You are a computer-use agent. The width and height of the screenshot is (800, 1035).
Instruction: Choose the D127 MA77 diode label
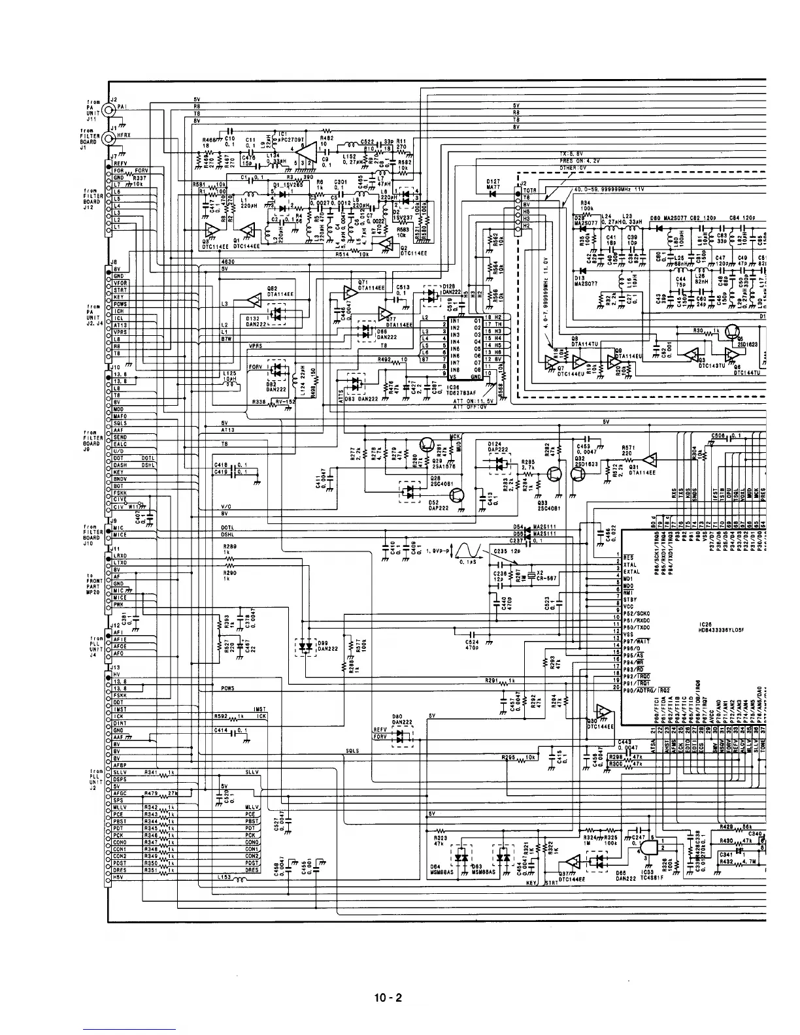coord(494,185)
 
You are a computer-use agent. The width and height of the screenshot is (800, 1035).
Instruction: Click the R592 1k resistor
coord(239,717)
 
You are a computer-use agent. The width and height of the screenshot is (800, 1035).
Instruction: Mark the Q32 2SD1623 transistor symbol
coord(580,475)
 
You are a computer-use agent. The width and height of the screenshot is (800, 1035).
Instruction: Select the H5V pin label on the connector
coord(120,878)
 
